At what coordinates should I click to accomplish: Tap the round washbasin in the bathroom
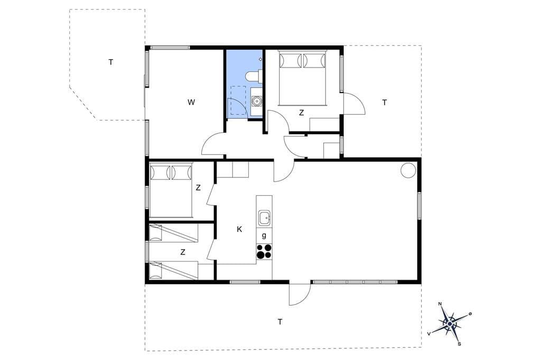click(256, 101)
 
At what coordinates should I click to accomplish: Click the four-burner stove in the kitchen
click(264, 251)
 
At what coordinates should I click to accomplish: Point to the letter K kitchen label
click(239, 229)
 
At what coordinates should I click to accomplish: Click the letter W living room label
click(191, 102)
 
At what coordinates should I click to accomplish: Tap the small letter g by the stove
click(264, 236)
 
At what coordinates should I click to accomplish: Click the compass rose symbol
click(450, 324)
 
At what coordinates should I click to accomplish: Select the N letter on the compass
click(440, 304)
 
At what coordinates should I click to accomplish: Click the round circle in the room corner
click(408, 170)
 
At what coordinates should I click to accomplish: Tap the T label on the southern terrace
click(280, 322)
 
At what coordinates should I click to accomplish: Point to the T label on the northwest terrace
click(111, 62)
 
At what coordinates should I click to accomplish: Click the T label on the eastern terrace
click(385, 102)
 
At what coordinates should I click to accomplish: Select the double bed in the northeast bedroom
click(302, 78)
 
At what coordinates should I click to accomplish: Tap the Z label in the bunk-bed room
click(182, 252)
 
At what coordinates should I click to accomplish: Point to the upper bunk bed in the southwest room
click(173, 233)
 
